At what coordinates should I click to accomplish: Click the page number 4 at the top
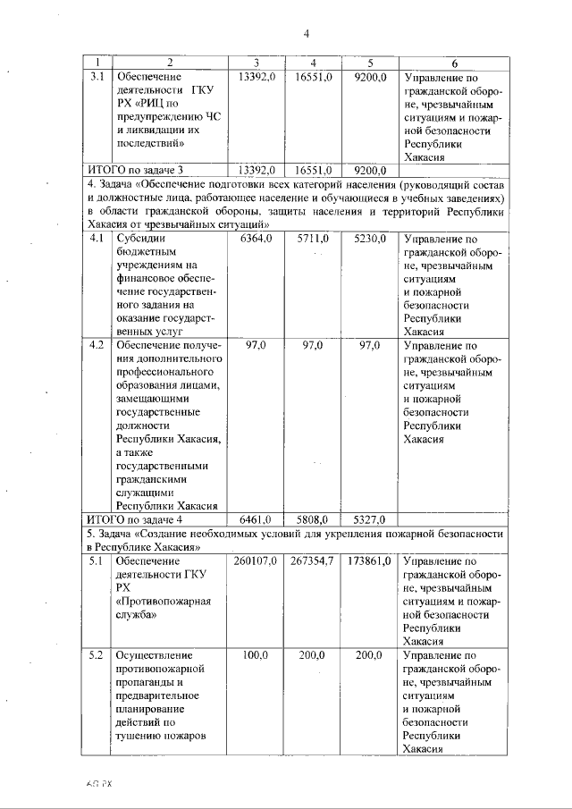click(306, 34)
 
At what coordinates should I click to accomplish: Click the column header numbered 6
click(455, 63)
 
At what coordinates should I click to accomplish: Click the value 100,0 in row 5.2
click(256, 655)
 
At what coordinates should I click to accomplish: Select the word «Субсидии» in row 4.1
click(141, 240)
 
